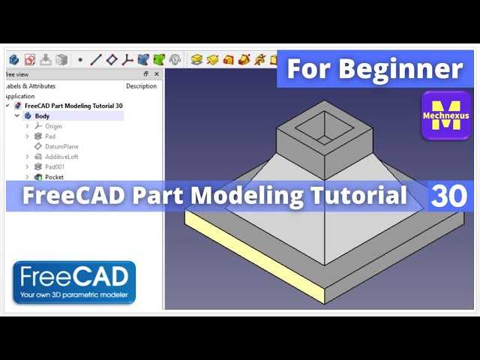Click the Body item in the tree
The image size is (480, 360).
tap(42, 116)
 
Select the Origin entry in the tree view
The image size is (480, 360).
tap(53, 127)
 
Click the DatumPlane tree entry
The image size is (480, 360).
tap(61, 147)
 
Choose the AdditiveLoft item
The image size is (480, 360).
tap(61, 157)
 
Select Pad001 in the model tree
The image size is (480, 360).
tap(55, 167)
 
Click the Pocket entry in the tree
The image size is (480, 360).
tap(54, 177)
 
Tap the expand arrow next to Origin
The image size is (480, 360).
tap(28, 127)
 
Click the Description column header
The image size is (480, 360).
tap(141, 86)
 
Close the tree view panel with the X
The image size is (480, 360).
tap(157, 74)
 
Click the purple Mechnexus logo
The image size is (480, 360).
tap(445, 115)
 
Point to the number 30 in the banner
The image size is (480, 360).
tap(449, 196)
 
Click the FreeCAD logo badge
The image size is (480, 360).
tap(74, 282)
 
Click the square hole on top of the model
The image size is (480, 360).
tap(320, 128)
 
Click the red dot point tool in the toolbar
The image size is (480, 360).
tap(80, 59)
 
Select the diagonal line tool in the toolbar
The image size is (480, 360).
tap(96, 59)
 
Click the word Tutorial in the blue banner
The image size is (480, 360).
tap(359, 196)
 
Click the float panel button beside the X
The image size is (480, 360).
tap(146, 74)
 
